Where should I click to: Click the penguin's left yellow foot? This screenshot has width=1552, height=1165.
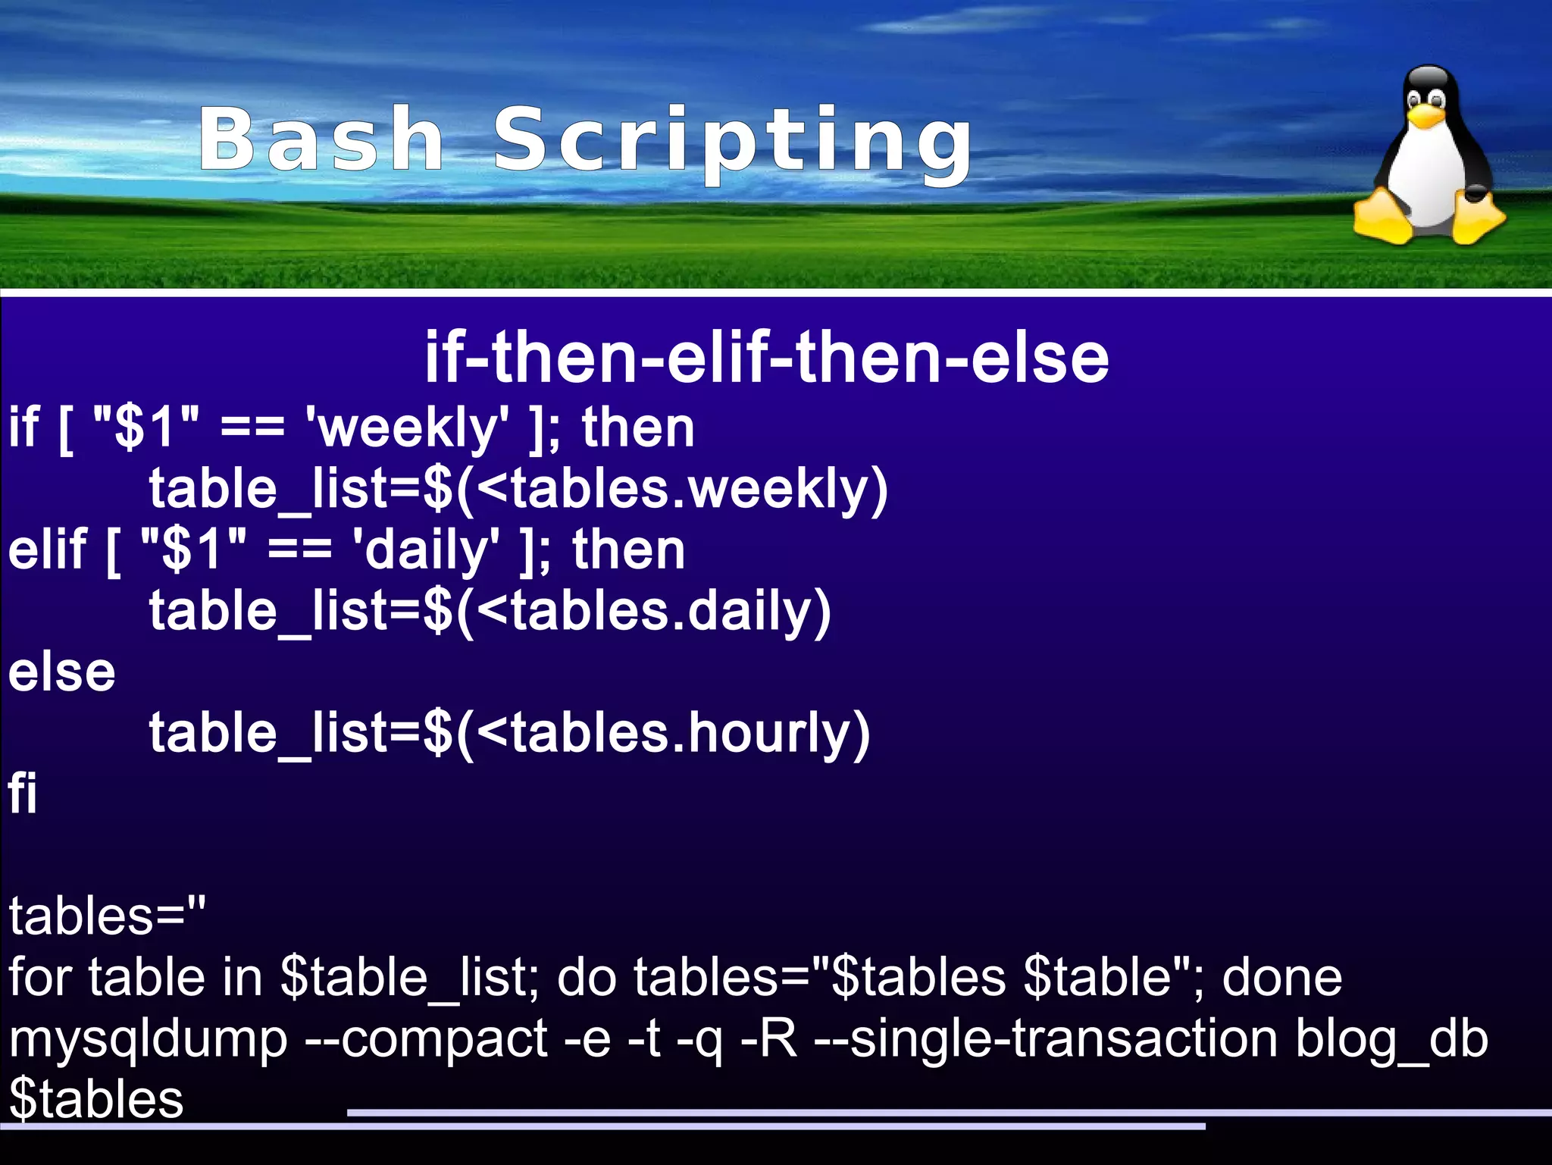[x=1384, y=221]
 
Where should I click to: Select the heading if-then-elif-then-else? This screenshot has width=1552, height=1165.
[x=766, y=357]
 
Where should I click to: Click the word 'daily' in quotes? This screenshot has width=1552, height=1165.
[x=426, y=550]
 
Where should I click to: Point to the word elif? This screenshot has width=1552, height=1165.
[x=47, y=549]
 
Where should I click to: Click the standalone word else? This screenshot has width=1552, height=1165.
[x=61, y=672]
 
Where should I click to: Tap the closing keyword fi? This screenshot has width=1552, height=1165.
[x=23, y=794]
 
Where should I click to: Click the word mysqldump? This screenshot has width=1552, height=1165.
[x=149, y=1040]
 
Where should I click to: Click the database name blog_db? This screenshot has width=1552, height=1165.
[x=1391, y=1040]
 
